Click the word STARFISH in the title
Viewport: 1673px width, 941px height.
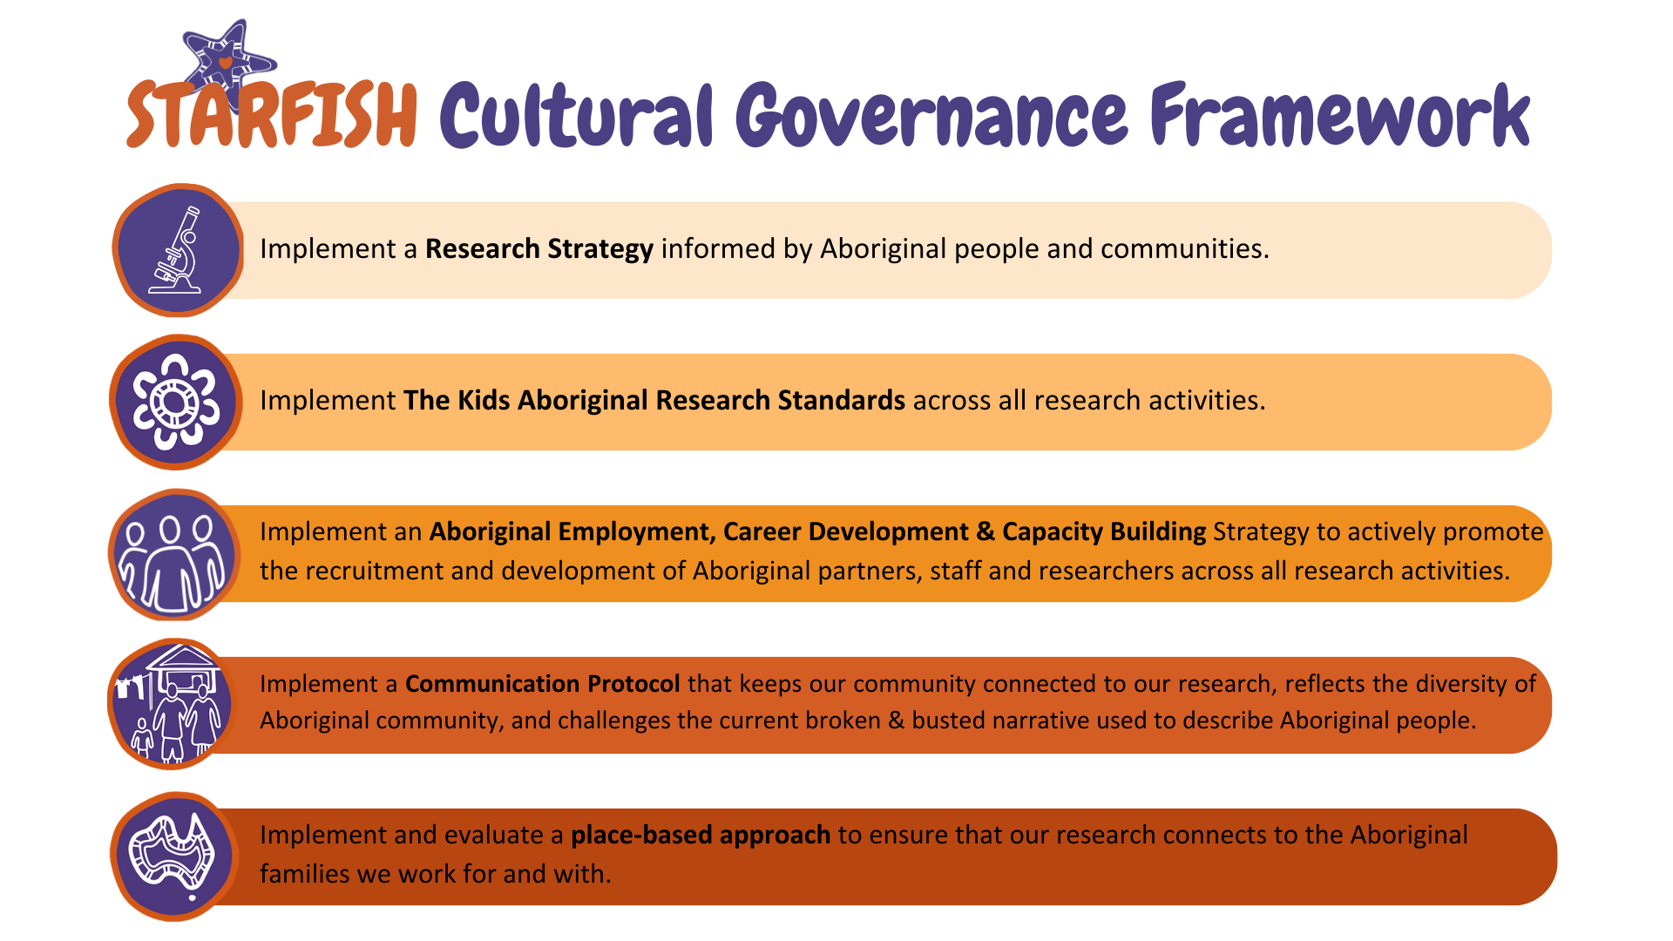(272, 114)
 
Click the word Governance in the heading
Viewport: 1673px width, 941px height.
(931, 115)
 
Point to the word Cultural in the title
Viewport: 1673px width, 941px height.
(577, 115)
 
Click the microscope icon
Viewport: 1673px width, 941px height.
(178, 250)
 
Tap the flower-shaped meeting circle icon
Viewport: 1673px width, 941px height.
(176, 402)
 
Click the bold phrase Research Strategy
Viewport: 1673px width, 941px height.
(539, 249)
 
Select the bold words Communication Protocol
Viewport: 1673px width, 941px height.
(543, 683)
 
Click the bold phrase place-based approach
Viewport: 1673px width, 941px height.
(701, 836)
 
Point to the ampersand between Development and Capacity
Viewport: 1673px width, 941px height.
(986, 531)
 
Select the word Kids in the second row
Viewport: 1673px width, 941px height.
(484, 400)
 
